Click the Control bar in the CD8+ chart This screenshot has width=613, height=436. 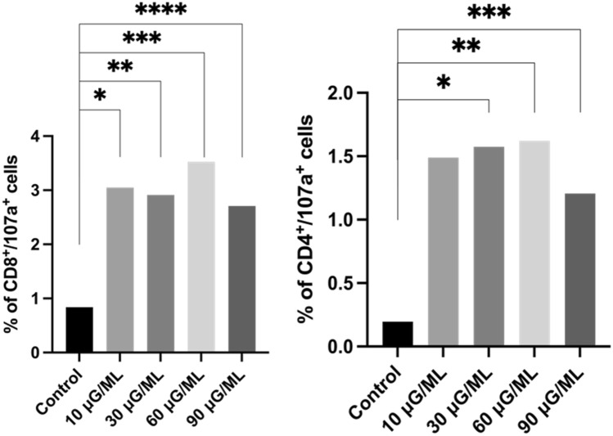pyautogui.click(x=79, y=330)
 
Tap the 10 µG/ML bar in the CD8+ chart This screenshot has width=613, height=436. pyautogui.click(x=119, y=270)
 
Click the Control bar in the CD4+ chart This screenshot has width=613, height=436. pyautogui.click(x=398, y=334)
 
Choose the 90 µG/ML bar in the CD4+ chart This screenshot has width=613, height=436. pyautogui.click(x=579, y=270)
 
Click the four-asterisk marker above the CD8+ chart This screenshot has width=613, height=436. pyautogui.click(x=160, y=11)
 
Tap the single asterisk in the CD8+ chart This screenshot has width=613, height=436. pyautogui.click(x=100, y=96)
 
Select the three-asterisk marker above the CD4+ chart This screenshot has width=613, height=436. pyautogui.click(x=489, y=14)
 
